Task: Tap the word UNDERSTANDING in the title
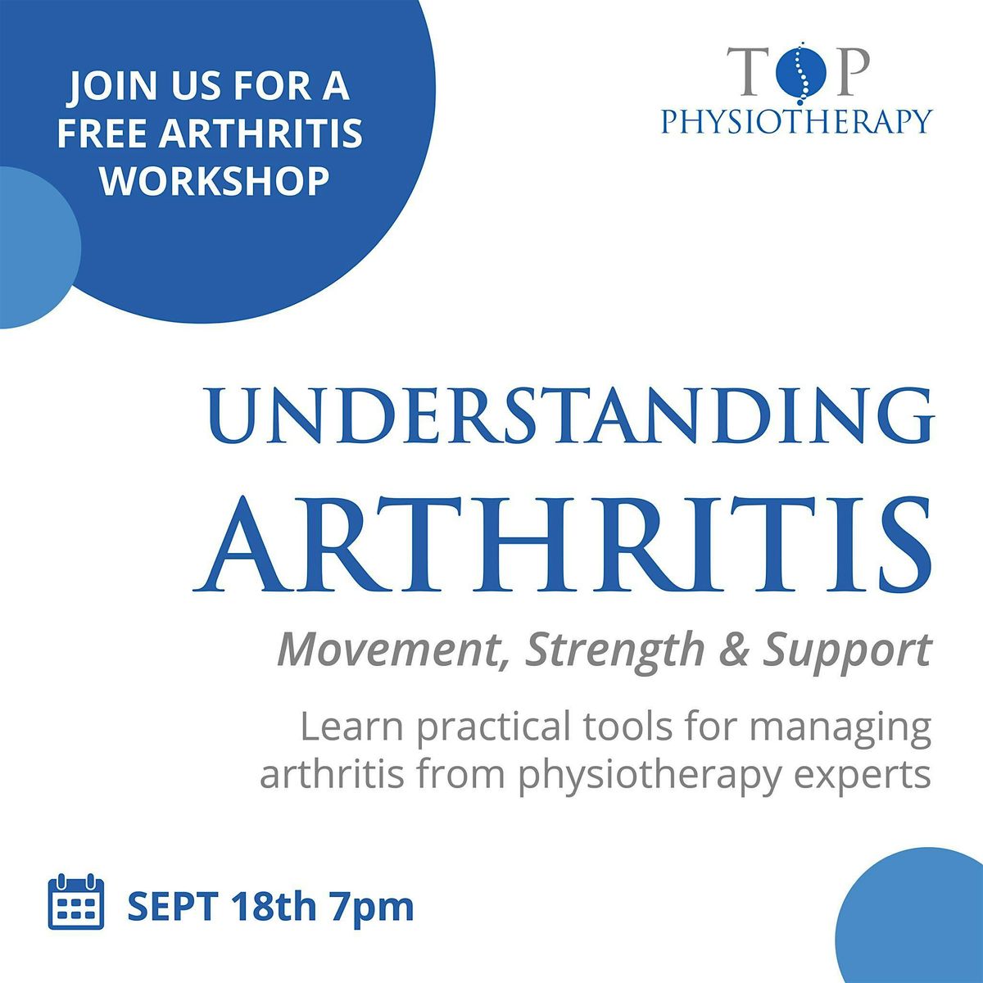click(x=570, y=418)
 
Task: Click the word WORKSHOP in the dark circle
click(x=215, y=179)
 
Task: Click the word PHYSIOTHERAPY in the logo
click(x=796, y=121)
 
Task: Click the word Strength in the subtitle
click(x=623, y=650)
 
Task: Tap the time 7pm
click(x=371, y=907)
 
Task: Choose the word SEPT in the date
click(x=171, y=907)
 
